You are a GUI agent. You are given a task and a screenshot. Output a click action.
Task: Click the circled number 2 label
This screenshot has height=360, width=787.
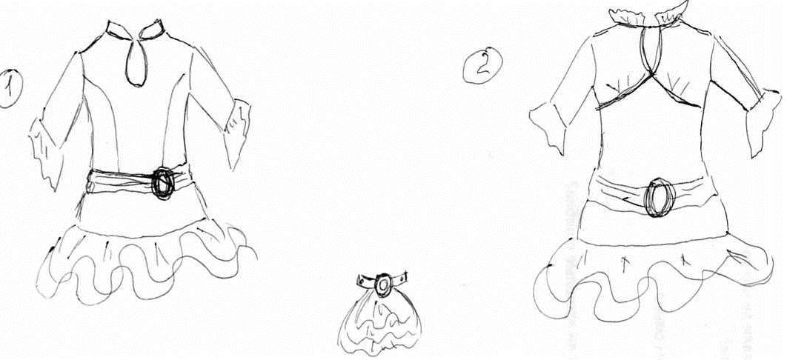482,64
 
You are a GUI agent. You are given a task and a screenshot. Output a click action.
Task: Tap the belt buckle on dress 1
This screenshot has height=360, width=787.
162,183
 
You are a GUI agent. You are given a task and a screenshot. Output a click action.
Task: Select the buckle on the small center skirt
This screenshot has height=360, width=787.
383,284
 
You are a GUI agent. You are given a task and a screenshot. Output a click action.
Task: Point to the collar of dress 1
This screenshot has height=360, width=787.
135,30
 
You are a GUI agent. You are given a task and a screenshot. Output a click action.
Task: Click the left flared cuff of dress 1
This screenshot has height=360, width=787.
47,150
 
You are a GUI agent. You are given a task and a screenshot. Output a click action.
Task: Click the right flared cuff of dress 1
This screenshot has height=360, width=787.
237,133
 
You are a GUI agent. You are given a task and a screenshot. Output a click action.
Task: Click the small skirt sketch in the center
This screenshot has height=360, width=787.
380,314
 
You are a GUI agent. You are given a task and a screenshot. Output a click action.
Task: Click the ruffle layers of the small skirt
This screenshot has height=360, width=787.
379,326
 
